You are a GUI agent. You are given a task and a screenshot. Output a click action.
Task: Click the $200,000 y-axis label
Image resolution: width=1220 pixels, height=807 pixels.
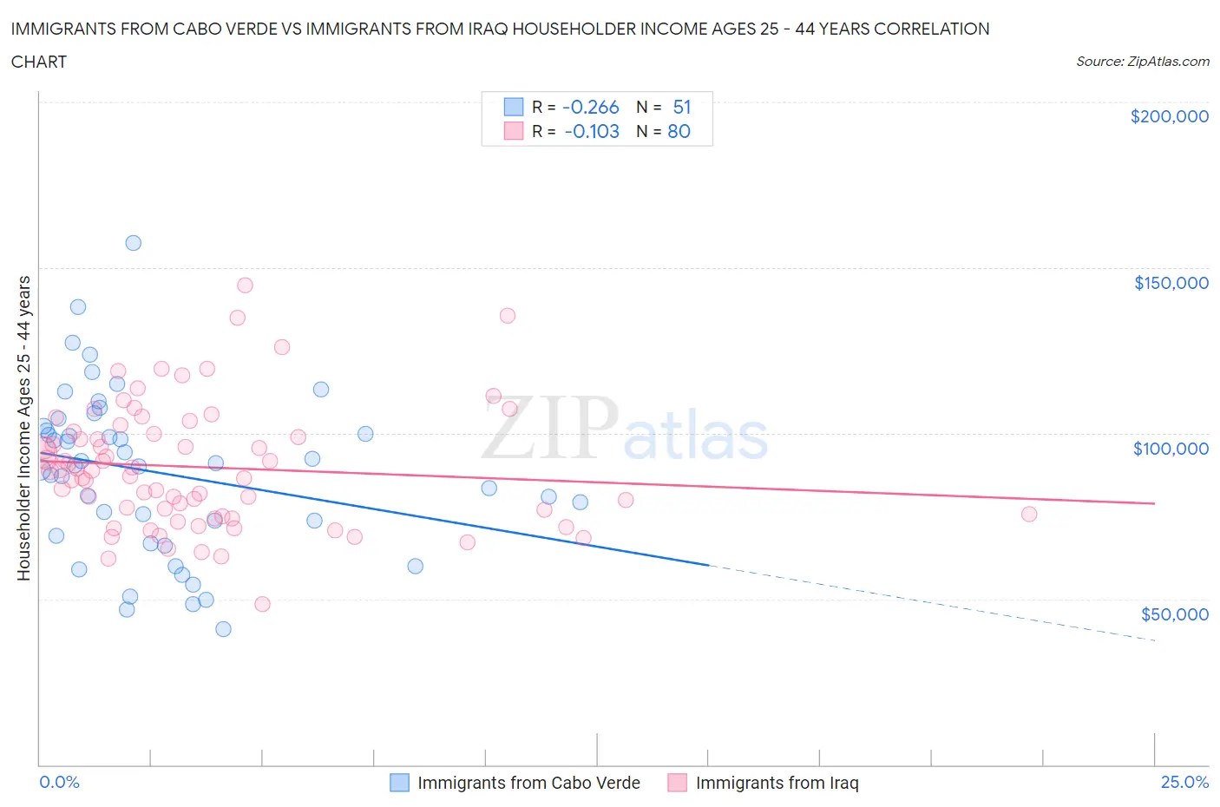1169,116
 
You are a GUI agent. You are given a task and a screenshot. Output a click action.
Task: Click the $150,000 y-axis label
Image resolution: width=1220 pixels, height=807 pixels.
1171,282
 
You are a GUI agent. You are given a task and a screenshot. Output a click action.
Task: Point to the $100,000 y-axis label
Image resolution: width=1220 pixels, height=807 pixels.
1171,448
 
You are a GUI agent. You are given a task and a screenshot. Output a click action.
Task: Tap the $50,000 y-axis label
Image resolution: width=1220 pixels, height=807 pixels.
1174,613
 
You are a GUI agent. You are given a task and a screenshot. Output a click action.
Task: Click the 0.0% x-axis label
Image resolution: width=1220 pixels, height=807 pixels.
59,782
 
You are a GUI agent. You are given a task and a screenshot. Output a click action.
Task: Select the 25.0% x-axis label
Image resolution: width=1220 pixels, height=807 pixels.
1184,782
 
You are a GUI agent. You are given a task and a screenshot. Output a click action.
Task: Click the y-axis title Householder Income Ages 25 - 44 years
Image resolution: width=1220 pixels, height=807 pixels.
23,428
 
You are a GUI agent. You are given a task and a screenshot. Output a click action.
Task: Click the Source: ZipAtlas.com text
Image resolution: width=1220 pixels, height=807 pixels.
1142,61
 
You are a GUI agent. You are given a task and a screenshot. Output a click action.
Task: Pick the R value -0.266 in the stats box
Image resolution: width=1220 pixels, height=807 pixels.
590,107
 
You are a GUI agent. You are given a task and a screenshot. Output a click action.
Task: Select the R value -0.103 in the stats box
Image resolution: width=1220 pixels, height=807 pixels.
591,131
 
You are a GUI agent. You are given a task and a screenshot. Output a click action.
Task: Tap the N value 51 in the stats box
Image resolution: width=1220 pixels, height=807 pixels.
682,107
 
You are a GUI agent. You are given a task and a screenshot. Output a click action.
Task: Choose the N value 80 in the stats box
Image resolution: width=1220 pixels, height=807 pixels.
679,131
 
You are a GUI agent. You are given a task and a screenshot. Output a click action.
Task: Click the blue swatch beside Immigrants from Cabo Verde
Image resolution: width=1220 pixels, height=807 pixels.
399,783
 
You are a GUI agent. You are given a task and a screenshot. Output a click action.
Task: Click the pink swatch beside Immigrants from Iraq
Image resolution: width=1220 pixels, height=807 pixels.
677,783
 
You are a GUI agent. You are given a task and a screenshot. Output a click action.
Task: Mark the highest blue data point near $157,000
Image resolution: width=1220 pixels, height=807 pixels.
133,243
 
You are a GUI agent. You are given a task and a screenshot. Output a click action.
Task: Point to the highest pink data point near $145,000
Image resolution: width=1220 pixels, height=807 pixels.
245,285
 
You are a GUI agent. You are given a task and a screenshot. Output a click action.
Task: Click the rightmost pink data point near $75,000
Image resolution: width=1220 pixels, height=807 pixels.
1029,514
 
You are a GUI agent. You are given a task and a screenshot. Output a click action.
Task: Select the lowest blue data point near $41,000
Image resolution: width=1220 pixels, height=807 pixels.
223,629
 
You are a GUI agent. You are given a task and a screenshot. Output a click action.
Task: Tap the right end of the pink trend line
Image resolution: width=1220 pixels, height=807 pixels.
1154,503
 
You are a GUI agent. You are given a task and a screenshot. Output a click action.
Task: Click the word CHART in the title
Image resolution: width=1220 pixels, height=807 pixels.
39,62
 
